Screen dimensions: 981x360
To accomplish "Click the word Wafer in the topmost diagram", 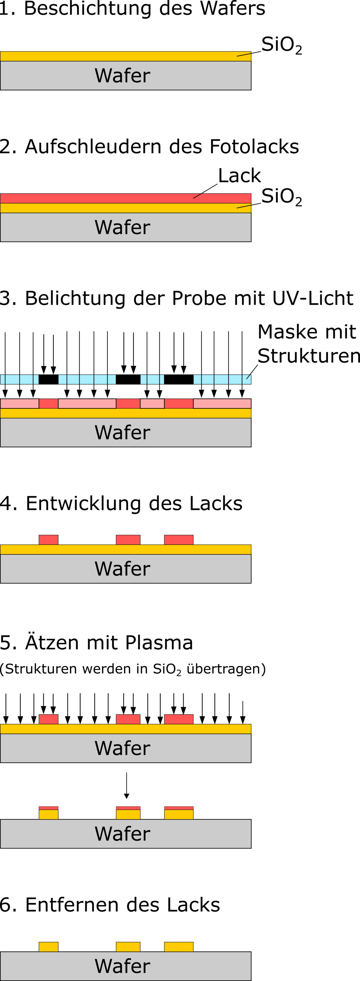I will [122, 76].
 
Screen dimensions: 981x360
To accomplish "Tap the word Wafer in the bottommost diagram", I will [122, 966].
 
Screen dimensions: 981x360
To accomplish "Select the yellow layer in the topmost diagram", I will [114, 56].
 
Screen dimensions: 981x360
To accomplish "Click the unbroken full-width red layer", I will [114, 198].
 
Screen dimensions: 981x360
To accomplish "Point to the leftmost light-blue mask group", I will [19, 379].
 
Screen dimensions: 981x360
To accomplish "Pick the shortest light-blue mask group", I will [152, 379].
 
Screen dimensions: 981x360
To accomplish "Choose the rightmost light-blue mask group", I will [222, 379].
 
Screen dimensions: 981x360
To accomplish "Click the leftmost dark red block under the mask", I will [48, 404].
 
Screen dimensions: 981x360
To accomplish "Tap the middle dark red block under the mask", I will [128, 404].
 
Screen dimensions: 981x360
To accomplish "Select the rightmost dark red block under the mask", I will [179, 404].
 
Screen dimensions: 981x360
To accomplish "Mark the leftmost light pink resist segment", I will [19, 404].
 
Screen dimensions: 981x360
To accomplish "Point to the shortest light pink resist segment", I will [152, 404].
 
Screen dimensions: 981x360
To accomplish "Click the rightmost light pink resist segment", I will [222, 404].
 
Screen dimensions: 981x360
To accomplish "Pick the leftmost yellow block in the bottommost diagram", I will [48, 947].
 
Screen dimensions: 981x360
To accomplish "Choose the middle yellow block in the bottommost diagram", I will [128, 947].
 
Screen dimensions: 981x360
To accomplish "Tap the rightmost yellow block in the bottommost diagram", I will [179, 947].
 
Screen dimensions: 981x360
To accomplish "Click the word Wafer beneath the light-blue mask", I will [122, 433].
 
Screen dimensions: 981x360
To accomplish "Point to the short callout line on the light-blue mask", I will [248, 377].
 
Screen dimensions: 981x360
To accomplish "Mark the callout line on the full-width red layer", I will [197, 196].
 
